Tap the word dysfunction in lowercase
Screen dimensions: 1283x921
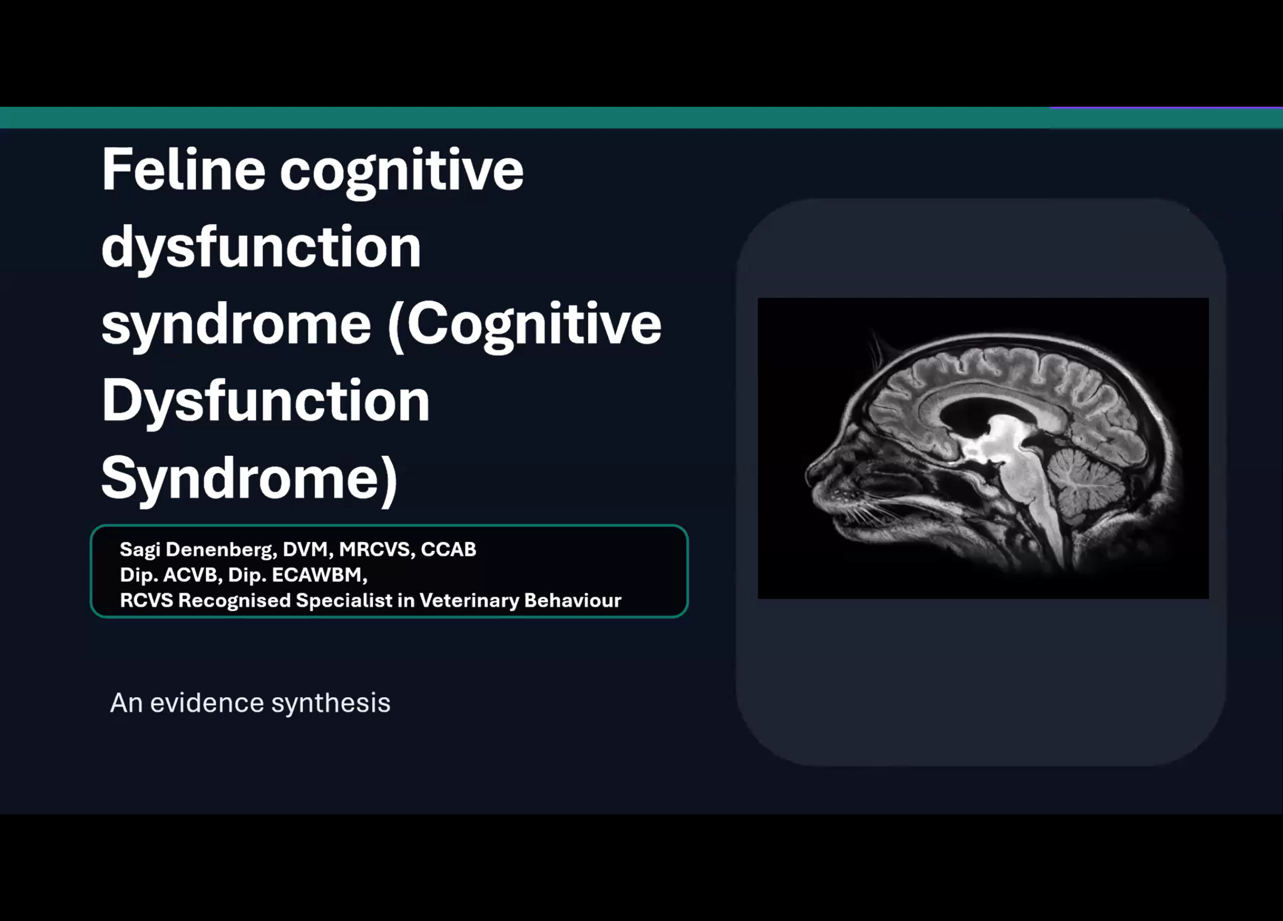[x=261, y=247]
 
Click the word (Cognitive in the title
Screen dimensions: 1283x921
[x=525, y=324]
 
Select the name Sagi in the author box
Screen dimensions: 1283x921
[x=140, y=549]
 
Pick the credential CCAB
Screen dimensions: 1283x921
[x=448, y=549]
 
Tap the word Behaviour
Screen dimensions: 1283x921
[x=573, y=600]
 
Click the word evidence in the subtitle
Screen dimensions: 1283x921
[x=207, y=703]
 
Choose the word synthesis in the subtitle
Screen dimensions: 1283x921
[x=331, y=704]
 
